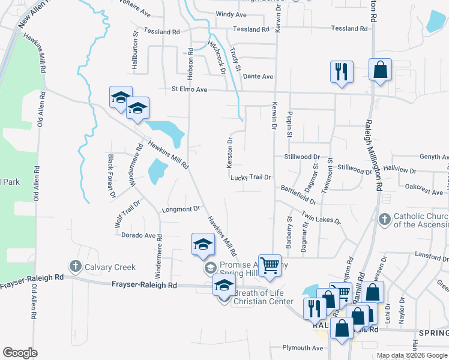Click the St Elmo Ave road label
pos(189,89)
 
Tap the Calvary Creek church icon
pos(75,265)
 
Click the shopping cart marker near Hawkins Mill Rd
pos(270,265)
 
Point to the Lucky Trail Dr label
pos(251,178)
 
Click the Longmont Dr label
pos(181,209)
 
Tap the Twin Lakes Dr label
pos(321,217)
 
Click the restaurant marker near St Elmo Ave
pos(341,71)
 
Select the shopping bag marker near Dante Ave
pos(380,69)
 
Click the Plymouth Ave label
pos(303,348)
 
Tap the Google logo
pos(20,353)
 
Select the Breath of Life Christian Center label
pos(261,297)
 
